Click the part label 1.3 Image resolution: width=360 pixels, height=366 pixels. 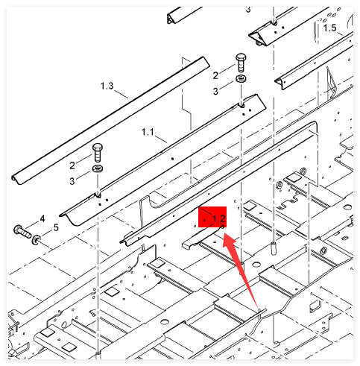coord(107,86)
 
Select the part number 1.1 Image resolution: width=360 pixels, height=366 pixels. coord(148,132)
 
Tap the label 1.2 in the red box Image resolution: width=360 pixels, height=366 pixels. coord(218,218)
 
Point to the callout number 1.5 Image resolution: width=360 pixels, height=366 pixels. coord(329,28)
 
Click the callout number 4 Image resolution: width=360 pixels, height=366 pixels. coord(42,218)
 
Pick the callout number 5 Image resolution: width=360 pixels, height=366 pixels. coord(56,227)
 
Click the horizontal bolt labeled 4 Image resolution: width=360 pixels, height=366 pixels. coord(22,231)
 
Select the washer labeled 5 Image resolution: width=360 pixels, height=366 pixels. coord(37,240)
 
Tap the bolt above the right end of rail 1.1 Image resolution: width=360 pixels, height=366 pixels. coord(241,62)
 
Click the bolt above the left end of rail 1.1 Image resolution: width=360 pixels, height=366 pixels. coord(98,152)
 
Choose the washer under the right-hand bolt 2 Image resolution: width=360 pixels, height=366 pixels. coord(241,79)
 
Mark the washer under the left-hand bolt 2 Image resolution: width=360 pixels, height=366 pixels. coord(98,168)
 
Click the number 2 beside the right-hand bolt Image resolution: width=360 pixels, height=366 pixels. coord(215,75)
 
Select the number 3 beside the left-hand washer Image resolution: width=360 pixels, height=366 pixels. coord(72,181)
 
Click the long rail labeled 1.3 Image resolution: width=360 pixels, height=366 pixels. coord(111,121)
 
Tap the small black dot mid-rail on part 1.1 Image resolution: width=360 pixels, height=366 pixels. coord(172,159)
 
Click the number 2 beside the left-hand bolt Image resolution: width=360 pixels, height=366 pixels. coord(72,165)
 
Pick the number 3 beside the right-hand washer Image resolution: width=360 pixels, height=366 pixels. coord(215,91)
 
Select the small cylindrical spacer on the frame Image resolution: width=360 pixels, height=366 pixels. coord(274,248)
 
